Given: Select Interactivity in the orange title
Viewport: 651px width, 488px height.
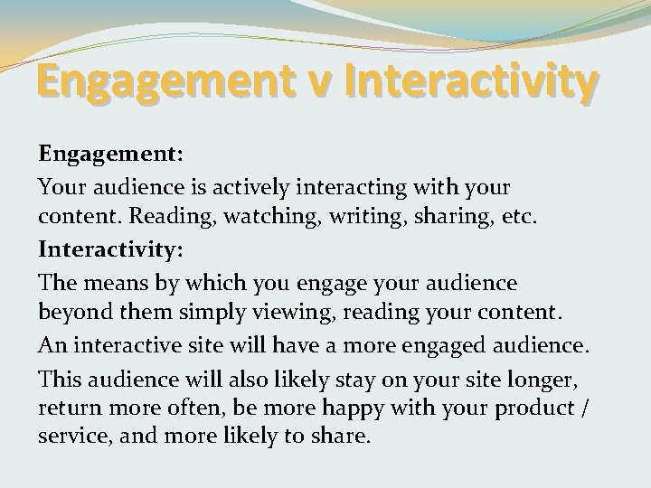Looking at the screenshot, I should click(469, 84).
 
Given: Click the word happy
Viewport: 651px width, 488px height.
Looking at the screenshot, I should click(336, 408).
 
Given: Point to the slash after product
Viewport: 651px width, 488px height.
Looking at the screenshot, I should click(589, 408).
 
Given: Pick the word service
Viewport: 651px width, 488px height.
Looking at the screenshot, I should click(71, 438).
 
